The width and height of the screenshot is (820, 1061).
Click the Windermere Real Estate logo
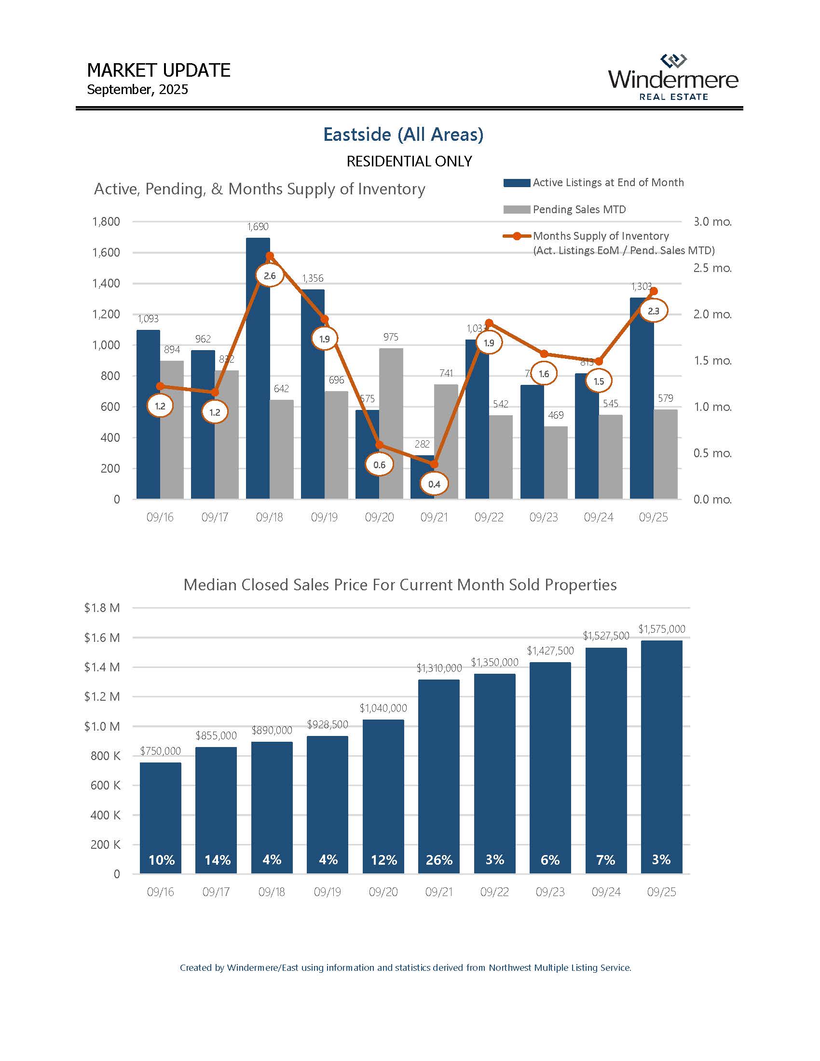pyautogui.click(x=673, y=78)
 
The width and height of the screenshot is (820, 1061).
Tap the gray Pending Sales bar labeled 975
pyautogui.click(x=391, y=422)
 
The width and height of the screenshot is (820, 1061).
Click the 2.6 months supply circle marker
pyautogui.click(x=270, y=276)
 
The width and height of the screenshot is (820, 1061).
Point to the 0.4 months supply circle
pyautogui.click(x=434, y=484)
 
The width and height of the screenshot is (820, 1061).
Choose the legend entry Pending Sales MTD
pyautogui.click(x=579, y=209)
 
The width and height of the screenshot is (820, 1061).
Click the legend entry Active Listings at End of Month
pyautogui.click(x=608, y=183)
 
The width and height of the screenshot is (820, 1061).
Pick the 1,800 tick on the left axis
pyautogui.click(x=106, y=221)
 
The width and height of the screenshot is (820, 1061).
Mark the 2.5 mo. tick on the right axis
pyautogui.click(x=711, y=268)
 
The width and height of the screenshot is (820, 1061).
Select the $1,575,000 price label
pyautogui.click(x=661, y=629)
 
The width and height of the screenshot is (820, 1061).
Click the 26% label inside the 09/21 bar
pyautogui.click(x=439, y=860)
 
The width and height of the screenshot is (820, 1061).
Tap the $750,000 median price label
pyautogui.click(x=160, y=751)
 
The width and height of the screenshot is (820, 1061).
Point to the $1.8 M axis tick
pyautogui.click(x=102, y=608)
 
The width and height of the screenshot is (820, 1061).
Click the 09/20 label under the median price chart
pyautogui.click(x=383, y=892)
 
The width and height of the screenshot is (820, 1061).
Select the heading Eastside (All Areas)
pyautogui.click(x=403, y=135)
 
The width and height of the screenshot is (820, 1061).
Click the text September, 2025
pyautogui.click(x=137, y=90)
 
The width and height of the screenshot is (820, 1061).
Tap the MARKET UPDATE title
pyautogui.click(x=158, y=70)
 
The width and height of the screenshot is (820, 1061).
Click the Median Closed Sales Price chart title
pyautogui.click(x=400, y=585)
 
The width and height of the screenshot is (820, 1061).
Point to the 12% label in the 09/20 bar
pyautogui.click(x=384, y=860)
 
